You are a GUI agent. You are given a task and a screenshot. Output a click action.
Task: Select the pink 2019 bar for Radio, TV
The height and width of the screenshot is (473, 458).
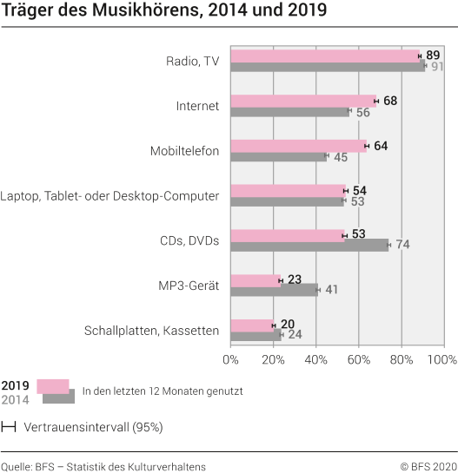click(325, 55)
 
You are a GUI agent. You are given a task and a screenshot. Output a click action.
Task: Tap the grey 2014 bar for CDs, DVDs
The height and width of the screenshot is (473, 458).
click(309, 245)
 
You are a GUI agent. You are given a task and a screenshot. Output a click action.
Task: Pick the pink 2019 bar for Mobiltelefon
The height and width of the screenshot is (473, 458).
click(299, 145)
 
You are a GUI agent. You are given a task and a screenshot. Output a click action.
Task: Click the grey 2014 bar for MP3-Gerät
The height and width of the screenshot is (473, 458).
click(274, 289)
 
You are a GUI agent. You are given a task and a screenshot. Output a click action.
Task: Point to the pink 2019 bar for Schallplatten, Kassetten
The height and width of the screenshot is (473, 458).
click(252, 325)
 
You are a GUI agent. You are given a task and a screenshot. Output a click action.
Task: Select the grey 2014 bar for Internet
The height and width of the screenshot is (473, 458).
click(290, 111)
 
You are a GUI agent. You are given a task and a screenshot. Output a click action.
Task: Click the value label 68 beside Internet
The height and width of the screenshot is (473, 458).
click(390, 101)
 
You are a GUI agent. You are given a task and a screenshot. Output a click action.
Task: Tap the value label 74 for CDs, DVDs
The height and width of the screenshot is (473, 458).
click(402, 245)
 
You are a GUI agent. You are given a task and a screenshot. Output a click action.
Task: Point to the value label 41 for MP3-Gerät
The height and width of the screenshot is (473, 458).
click(332, 290)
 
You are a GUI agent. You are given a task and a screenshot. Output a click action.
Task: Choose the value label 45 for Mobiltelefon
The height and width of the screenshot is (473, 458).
click(341, 156)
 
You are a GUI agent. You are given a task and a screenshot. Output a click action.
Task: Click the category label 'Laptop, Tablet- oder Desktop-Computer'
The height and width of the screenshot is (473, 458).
click(110, 196)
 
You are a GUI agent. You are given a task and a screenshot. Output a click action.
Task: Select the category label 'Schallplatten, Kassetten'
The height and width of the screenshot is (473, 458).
click(151, 331)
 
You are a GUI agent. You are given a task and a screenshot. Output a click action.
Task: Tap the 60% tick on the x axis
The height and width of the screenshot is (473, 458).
click(359, 358)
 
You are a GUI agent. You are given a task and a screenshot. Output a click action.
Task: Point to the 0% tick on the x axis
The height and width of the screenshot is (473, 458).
click(231, 358)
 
